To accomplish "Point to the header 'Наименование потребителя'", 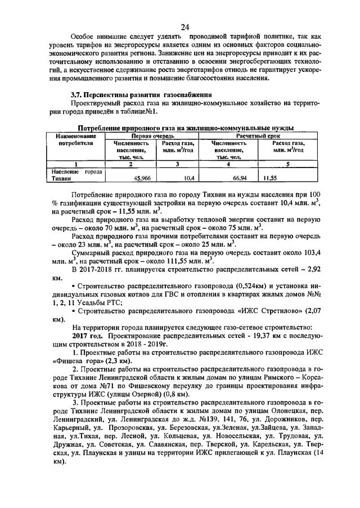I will click(x=75, y=140).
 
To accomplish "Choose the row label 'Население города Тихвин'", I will click(x=75, y=175).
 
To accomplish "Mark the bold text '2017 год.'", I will click(x=92, y=335).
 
